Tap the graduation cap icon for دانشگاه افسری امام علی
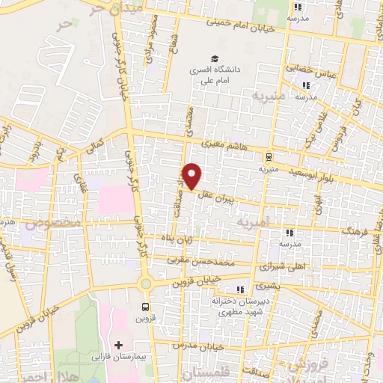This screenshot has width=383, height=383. coord(215,58)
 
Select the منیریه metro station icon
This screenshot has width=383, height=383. coord(268,157)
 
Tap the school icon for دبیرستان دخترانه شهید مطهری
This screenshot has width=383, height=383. coord(239,290)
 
